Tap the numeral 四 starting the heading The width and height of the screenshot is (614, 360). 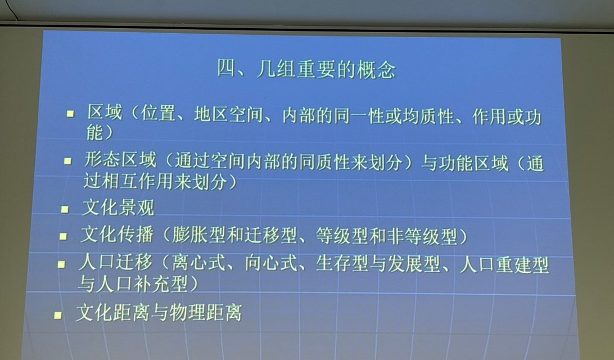click(227, 69)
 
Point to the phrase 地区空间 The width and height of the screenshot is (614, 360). click(229, 114)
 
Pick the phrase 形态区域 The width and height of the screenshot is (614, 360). click(120, 160)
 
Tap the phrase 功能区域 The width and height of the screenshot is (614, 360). click(473, 163)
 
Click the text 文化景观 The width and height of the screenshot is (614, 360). click(118, 207)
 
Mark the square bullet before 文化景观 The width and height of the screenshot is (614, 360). click(65, 209)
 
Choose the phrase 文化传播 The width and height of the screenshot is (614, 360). click(117, 234)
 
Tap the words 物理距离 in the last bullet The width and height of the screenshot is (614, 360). click(206, 313)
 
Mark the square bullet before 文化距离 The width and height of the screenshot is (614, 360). click(58, 315)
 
